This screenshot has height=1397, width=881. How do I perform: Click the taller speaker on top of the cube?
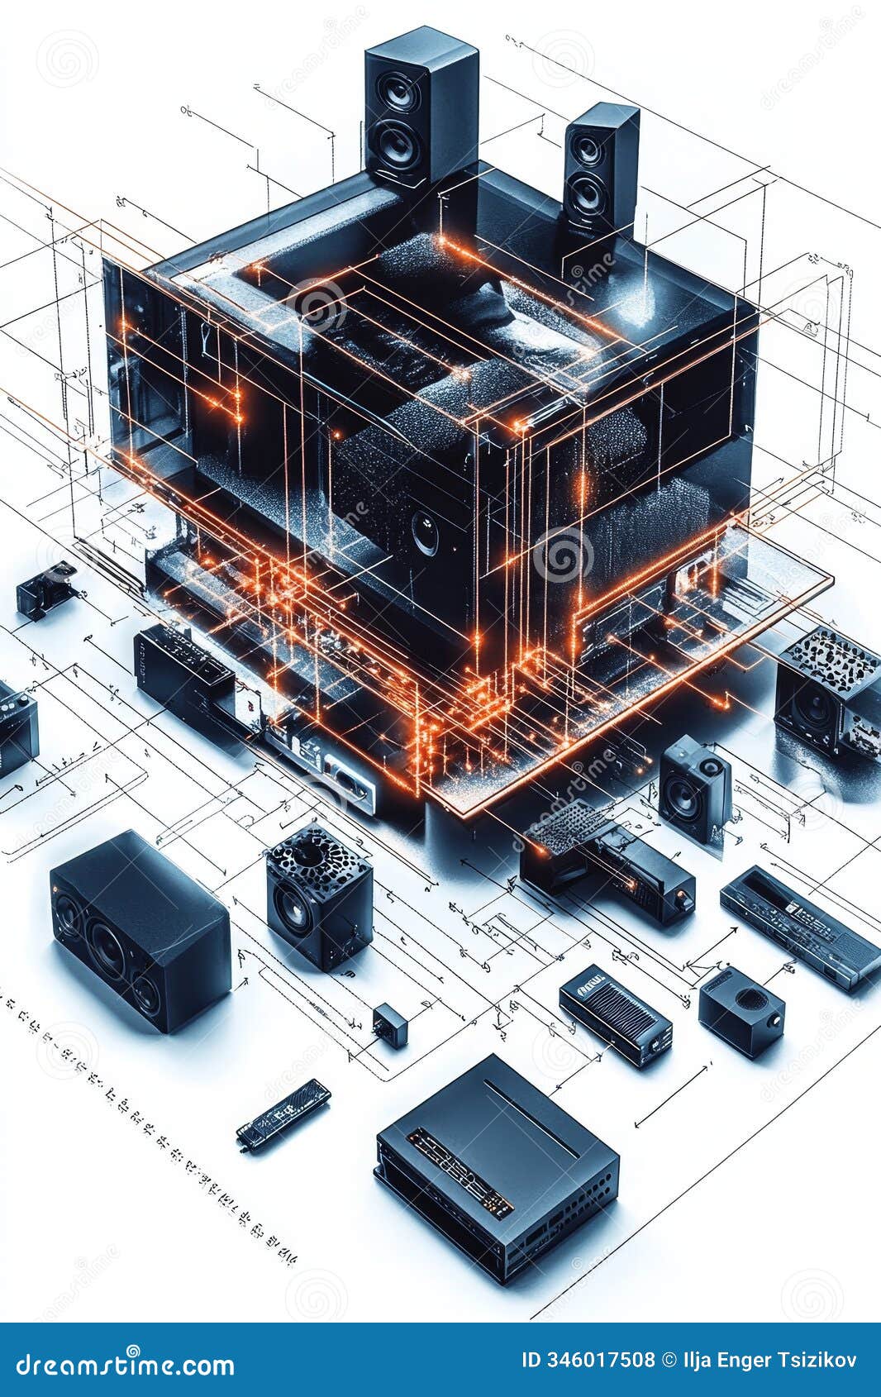(420, 107)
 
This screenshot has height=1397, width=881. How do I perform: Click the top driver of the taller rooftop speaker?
(400, 92)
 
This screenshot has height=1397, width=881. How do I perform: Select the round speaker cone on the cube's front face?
(426, 532)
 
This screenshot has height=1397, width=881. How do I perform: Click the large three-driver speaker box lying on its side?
(138, 930)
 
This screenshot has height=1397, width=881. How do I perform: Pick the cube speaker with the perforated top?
(318, 897)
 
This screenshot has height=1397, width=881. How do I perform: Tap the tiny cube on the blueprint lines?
(389, 1025)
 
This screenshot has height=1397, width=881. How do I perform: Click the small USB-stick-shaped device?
(283, 1114)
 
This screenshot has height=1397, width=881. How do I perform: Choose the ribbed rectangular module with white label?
(615, 1013)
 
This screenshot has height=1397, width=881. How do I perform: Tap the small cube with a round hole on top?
(741, 1010)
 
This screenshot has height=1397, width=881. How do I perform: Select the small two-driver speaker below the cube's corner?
(694, 788)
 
